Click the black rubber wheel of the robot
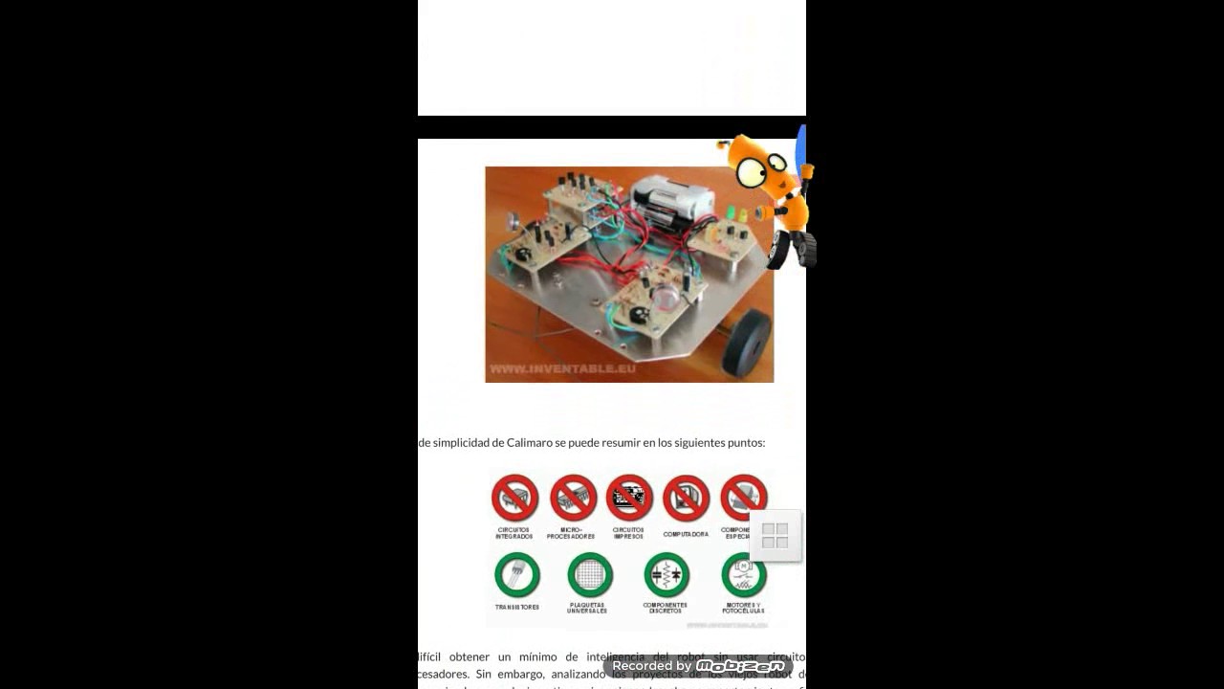click(x=747, y=342)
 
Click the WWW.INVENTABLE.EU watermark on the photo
click(x=562, y=368)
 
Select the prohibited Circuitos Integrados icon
click(x=514, y=499)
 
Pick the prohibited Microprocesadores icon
click(x=573, y=499)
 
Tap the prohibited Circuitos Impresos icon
click(x=629, y=499)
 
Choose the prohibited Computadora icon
click(x=686, y=499)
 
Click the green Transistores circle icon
click(x=516, y=575)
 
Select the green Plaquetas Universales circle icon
click(x=589, y=575)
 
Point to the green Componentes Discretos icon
click(x=666, y=575)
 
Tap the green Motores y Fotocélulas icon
click(x=743, y=575)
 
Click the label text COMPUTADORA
click(x=686, y=534)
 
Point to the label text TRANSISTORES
click(x=516, y=608)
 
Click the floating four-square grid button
click(x=775, y=536)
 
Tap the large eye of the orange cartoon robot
click(x=750, y=171)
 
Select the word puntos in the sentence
click(x=746, y=443)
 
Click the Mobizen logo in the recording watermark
click(x=740, y=666)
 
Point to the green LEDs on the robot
click(x=734, y=213)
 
